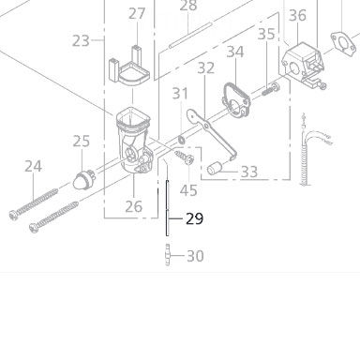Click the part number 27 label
(138, 13)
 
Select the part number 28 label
(188, 6)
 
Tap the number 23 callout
(81, 40)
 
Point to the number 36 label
(297, 15)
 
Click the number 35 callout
(266, 35)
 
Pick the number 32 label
(205, 67)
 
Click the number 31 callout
(180, 93)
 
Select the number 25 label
(82, 142)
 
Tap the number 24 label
(34, 166)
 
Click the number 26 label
(133, 206)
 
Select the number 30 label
(194, 255)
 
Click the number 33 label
(248, 172)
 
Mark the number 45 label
(188, 190)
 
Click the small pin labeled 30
(168, 254)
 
